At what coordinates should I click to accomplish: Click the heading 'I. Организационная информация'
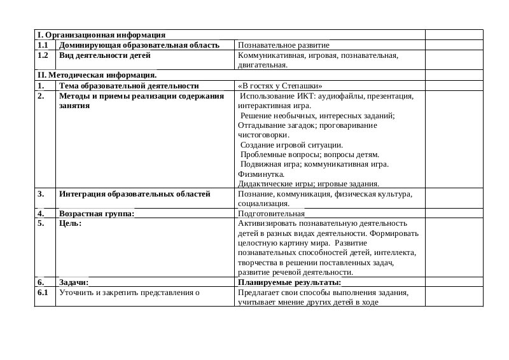101,35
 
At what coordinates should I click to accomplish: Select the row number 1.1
43,45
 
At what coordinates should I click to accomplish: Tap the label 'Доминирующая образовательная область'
139,45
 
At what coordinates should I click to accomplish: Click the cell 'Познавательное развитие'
283,45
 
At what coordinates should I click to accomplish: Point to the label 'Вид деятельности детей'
104,55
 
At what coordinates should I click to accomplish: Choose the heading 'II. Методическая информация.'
97,75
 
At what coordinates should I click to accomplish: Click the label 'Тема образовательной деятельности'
129,85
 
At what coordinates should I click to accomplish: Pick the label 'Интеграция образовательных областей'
134,194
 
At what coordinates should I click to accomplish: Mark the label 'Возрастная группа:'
96,214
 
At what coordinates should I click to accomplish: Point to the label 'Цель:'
70,223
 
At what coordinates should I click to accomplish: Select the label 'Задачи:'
73,282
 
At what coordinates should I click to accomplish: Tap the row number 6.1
43,293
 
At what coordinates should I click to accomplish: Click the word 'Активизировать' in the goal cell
265,223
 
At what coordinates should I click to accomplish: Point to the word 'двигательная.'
262,65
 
